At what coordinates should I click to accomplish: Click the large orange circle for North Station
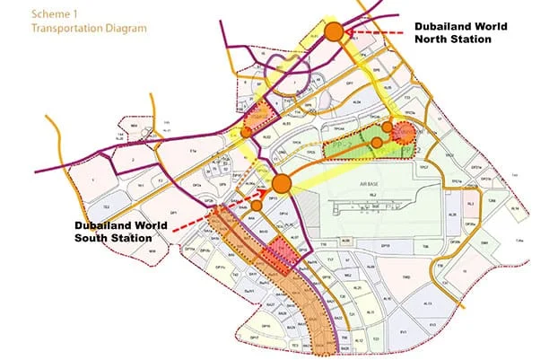click(x=334, y=32)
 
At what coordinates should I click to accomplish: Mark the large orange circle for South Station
click(x=281, y=184)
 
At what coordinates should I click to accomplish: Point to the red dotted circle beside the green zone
click(x=403, y=134)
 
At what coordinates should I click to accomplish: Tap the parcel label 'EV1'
click(x=403, y=331)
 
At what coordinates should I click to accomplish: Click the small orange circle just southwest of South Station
click(x=257, y=206)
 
